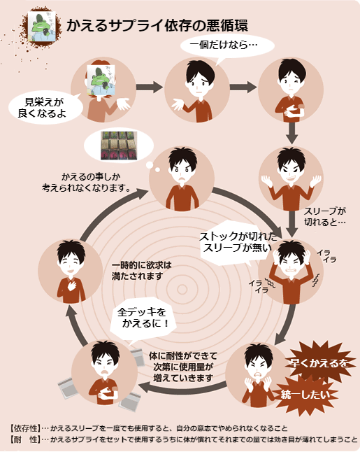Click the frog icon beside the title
coord(42,27)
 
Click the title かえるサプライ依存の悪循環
coord(157,25)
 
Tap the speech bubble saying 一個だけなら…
coord(227,46)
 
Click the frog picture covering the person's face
coord(101,80)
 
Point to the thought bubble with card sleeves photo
coord(120,146)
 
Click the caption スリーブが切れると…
coord(325,216)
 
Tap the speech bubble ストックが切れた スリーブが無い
coord(238,243)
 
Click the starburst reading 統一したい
coord(305,395)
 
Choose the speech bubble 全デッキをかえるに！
coord(143,318)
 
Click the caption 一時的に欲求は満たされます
coord(141,271)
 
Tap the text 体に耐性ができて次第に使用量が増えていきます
coord(183,367)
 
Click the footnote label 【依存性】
coord(25,428)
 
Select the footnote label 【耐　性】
coord(25,439)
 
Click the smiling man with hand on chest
coord(71,271)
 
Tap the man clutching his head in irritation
coord(291,272)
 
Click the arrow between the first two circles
coord(150,87)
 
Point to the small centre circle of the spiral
coord(182,290)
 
